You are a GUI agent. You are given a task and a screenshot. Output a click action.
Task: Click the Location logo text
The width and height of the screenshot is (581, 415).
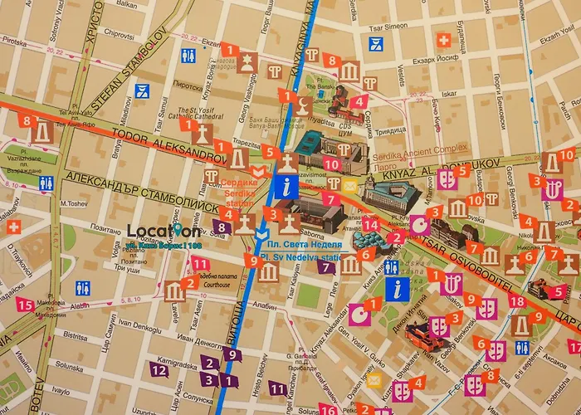164,232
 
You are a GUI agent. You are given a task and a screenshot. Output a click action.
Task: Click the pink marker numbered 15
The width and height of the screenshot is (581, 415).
24,305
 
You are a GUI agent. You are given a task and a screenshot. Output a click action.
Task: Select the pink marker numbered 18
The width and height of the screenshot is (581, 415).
516,301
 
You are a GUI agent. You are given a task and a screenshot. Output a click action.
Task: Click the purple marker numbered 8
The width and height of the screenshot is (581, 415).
221,225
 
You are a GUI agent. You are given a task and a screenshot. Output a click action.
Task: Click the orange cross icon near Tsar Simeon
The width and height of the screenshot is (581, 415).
444,39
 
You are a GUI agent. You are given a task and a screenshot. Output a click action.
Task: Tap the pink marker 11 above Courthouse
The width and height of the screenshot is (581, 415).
199,264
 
